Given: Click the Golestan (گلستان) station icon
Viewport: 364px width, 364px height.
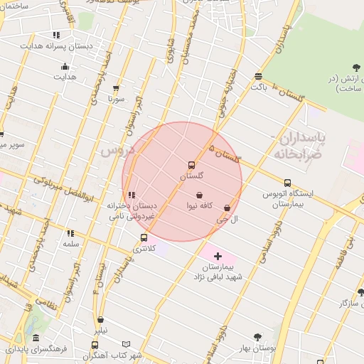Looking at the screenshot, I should [x=191, y=165].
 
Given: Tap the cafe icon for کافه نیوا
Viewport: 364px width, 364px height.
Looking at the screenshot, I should [x=199, y=195].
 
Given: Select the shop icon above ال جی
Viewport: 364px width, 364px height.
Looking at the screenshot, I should [x=227, y=208].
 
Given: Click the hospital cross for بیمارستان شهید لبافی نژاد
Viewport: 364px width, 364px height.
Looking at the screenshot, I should [x=218, y=256].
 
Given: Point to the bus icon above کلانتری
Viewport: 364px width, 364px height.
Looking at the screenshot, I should [x=144, y=238].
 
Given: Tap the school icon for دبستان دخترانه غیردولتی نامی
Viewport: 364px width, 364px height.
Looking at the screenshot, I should [x=131, y=195].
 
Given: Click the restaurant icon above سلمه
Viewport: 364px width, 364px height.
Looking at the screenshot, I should [x=70, y=233].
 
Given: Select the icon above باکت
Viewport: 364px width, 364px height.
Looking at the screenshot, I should [x=257, y=77].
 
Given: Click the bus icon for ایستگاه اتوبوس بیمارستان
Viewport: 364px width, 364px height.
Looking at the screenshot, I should [x=287, y=183].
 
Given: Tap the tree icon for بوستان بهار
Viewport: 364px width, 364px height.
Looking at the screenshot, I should [x=257, y=337].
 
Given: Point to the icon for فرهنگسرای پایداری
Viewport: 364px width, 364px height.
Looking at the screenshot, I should [x=35, y=338].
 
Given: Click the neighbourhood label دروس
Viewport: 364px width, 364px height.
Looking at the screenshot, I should [x=115, y=151].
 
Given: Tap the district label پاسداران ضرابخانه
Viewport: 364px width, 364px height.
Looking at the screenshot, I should [x=298, y=144].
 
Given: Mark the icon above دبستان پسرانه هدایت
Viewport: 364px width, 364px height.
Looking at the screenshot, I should [x=56, y=35].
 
